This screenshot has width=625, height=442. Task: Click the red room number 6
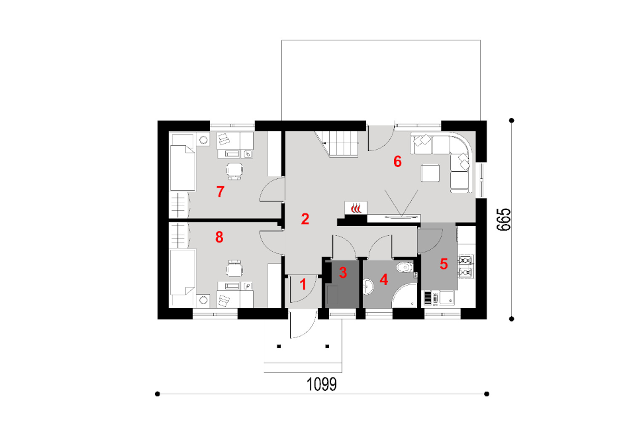397,162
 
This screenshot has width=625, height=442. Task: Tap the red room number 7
220,192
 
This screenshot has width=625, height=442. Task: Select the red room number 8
219,237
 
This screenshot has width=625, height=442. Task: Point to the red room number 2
305,219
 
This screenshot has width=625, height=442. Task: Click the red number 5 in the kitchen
444,264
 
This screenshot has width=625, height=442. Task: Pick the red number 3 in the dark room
343,272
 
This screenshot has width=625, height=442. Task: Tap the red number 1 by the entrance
303,284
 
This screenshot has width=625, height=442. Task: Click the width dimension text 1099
322,384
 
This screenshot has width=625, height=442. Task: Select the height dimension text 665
504,219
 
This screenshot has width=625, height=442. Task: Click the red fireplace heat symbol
356,208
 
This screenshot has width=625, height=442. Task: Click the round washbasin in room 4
369,286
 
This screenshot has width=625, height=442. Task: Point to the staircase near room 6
338,144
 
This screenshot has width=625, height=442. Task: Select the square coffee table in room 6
430,173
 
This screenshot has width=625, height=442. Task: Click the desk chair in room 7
234,171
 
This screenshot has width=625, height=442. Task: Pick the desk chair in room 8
234,268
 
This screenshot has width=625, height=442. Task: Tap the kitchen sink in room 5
447,297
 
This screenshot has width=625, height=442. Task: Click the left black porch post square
279,347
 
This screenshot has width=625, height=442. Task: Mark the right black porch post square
327,347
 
